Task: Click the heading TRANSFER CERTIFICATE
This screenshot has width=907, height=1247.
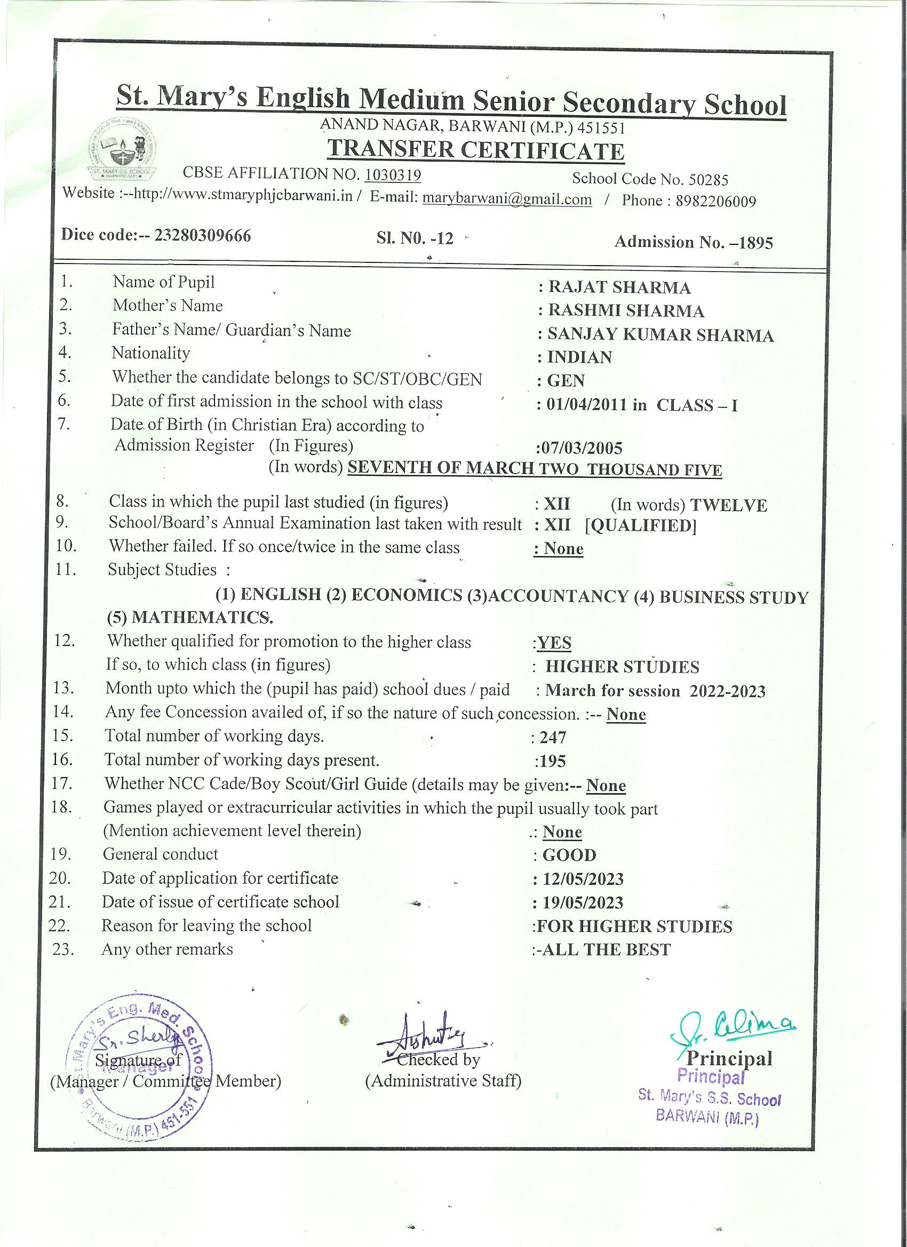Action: tap(476, 150)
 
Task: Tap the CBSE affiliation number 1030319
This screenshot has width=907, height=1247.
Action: tap(393, 175)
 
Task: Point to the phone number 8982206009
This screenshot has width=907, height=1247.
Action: tap(715, 201)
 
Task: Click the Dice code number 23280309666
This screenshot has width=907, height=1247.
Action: tap(202, 236)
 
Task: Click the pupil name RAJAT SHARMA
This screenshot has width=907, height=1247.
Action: tap(619, 287)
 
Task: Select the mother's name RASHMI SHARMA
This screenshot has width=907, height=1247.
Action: tap(626, 311)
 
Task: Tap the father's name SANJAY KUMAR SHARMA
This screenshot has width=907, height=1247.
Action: tap(660, 335)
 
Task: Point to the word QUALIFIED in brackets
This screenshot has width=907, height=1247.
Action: tap(641, 526)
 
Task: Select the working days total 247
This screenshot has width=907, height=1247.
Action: tap(552, 738)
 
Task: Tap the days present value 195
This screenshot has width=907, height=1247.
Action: tap(552, 762)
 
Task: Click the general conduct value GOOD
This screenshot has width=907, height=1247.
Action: tap(569, 856)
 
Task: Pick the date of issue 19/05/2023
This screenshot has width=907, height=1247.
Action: tap(583, 903)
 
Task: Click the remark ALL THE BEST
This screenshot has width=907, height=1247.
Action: tap(606, 950)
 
